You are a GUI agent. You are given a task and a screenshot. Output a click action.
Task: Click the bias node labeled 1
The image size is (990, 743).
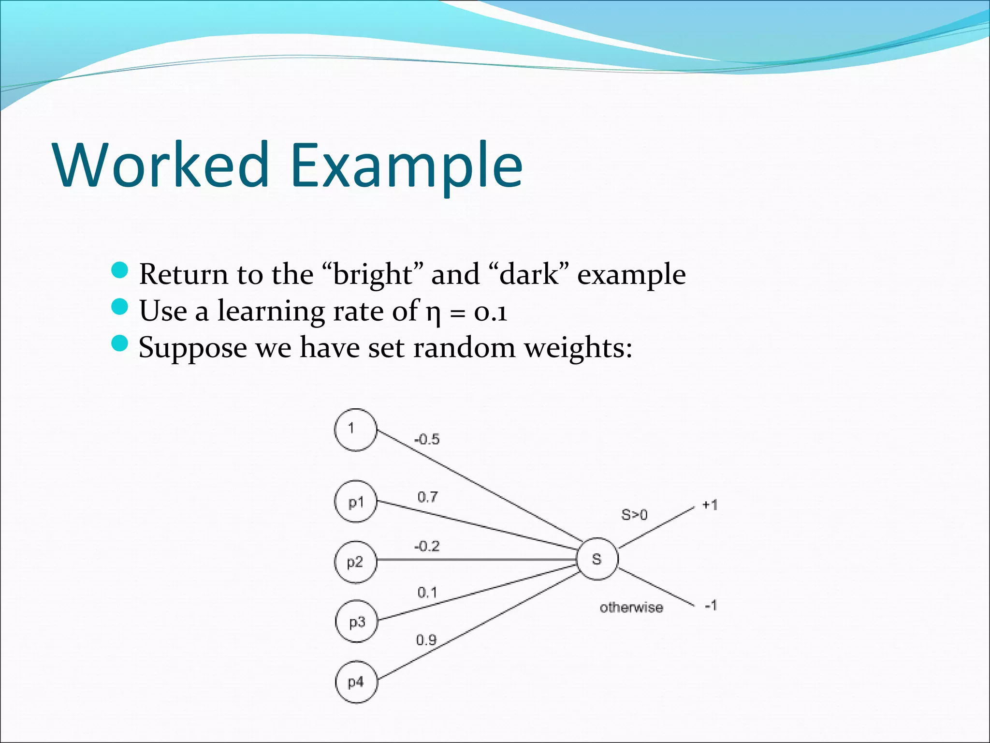point(355,430)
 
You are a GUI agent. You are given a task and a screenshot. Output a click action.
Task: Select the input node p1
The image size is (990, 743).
point(355,502)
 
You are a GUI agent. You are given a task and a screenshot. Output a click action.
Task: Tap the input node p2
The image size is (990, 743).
point(355,562)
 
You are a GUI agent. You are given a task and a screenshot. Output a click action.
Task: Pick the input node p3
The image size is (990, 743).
point(356,622)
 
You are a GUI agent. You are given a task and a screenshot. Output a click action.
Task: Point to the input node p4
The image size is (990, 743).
point(356,682)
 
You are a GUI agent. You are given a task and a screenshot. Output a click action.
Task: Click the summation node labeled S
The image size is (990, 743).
point(597,559)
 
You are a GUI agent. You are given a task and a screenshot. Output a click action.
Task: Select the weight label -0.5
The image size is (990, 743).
point(427,440)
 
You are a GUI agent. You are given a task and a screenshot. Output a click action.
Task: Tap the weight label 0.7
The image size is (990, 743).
point(428,497)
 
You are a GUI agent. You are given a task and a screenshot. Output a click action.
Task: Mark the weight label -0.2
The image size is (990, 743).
point(427,547)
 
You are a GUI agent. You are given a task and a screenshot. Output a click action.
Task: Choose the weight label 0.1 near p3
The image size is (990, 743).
point(427,593)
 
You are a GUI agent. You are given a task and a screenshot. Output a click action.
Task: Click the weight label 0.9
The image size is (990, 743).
point(426,640)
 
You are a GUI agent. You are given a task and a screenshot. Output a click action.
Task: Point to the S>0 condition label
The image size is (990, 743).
point(634,515)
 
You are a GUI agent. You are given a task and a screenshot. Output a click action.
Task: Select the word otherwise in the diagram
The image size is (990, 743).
point(631,608)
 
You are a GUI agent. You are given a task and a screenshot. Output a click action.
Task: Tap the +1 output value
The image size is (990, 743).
point(710,505)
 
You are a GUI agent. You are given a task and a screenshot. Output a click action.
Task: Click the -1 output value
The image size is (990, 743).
point(711,605)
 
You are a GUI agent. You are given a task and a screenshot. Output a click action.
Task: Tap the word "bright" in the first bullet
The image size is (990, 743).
point(372,275)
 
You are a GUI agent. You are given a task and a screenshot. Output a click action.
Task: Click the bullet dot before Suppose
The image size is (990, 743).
point(119,343)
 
